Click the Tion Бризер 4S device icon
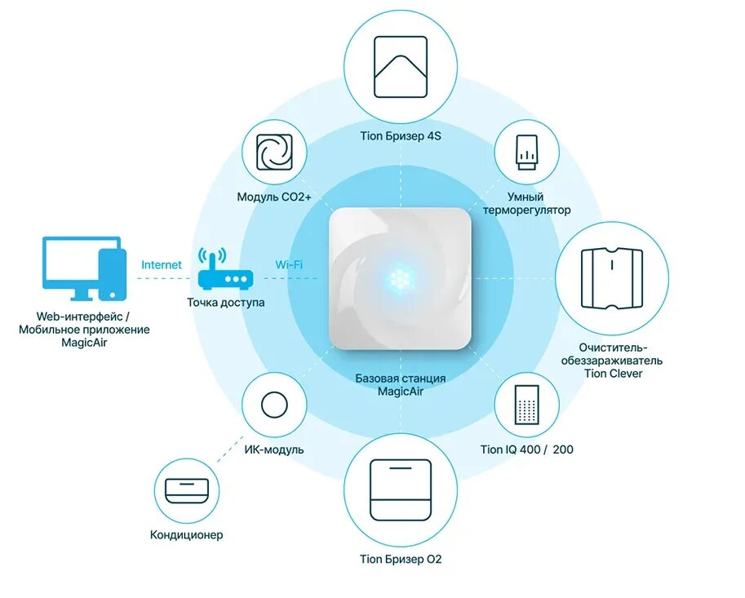[x=400, y=65]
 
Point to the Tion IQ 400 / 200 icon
[x=526, y=402]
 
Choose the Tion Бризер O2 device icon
[x=400, y=489]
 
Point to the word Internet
[x=162, y=265]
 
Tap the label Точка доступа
[x=226, y=303]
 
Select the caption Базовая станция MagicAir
[x=400, y=384]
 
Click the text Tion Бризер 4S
[x=400, y=136]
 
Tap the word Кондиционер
[x=187, y=535]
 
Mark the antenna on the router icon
[x=211, y=260]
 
